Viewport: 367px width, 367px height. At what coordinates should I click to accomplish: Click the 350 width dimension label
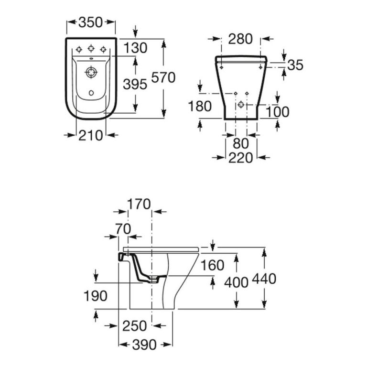tap(91, 22)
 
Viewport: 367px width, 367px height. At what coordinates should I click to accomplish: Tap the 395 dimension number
tap(135, 84)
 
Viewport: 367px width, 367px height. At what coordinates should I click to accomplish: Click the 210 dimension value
tap(90, 135)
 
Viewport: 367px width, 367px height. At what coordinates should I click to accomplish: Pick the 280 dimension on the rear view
tap(240, 39)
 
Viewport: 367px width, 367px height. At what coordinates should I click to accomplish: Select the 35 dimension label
tap(296, 65)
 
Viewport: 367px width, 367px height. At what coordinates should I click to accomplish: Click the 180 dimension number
tap(199, 107)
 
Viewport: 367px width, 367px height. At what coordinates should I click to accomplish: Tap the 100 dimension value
tap(277, 112)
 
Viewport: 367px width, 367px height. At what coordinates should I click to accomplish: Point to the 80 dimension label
tap(240, 143)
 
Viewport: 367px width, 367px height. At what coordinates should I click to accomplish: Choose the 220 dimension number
tap(240, 157)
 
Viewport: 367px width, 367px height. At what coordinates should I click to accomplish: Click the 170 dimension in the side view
tap(139, 205)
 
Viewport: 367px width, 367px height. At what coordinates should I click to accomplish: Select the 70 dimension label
tap(123, 229)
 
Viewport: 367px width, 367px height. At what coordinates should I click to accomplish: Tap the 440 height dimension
tap(264, 278)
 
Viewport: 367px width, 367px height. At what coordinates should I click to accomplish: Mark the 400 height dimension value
tap(236, 282)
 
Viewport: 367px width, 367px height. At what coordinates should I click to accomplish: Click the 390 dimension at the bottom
tap(144, 345)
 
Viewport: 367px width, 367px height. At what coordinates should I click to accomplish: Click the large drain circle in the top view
tap(90, 74)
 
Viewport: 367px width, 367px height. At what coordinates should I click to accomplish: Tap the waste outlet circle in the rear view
tap(241, 104)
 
